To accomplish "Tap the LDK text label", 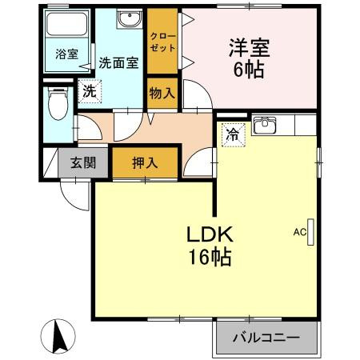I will tap(210, 234).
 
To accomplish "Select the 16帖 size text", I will tap(210, 258).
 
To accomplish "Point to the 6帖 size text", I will tap(250, 70).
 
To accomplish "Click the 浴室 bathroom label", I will tap(66, 54).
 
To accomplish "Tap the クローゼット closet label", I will tap(162, 42).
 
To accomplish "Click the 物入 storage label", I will tap(162, 94).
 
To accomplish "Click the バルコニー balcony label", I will tap(266, 337).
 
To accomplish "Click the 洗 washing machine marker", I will tap(89, 91).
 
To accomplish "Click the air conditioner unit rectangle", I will tap(312, 232).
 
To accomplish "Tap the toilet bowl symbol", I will tap(58, 104).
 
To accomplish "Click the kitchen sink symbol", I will tap(264, 126).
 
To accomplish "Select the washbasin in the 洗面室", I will tap(127, 20).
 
